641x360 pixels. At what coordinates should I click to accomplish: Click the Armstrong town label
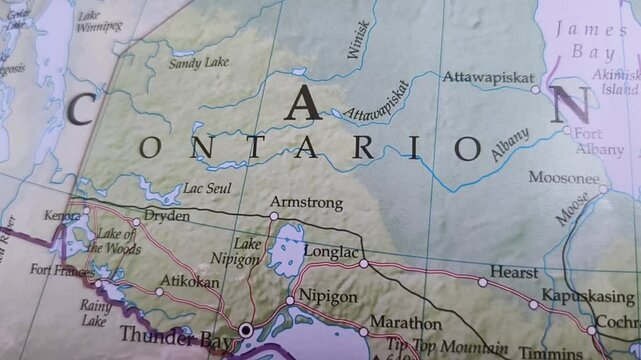tap(306, 203)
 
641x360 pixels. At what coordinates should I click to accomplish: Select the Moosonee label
tap(563, 178)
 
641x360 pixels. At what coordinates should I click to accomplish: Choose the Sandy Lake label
tap(198, 63)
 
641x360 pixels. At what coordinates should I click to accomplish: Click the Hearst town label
tap(513, 271)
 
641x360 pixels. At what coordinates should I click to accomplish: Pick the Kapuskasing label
tap(587, 296)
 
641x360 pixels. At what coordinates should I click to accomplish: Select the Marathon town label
tap(405, 324)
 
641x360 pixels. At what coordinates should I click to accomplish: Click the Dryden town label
tap(166, 215)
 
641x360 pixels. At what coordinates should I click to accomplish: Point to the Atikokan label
tap(190, 282)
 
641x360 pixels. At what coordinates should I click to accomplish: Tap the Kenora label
tap(61, 215)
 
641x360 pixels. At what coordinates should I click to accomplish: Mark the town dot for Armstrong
tap(274, 215)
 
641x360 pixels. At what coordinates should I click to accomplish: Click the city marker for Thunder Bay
tap(245, 329)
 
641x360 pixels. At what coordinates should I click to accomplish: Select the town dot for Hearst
tap(483, 282)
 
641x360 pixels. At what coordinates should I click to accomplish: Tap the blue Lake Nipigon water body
tap(287, 249)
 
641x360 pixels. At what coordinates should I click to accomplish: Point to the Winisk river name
tap(358, 41)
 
